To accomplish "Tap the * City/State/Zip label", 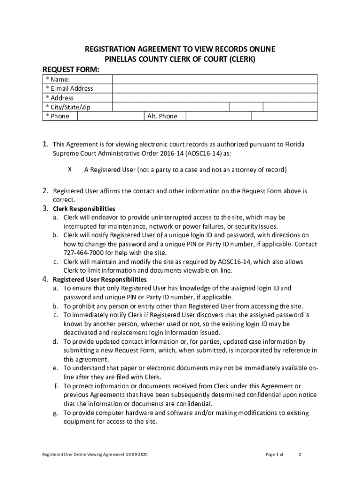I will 68,107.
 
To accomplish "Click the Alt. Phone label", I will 162,116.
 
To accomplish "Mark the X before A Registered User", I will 70,170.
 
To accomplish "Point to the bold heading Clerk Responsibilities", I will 84,209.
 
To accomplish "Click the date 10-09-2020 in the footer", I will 138,454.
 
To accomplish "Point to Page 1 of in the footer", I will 274,454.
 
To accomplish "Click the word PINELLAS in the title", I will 122,59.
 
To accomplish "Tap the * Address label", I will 59,98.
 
